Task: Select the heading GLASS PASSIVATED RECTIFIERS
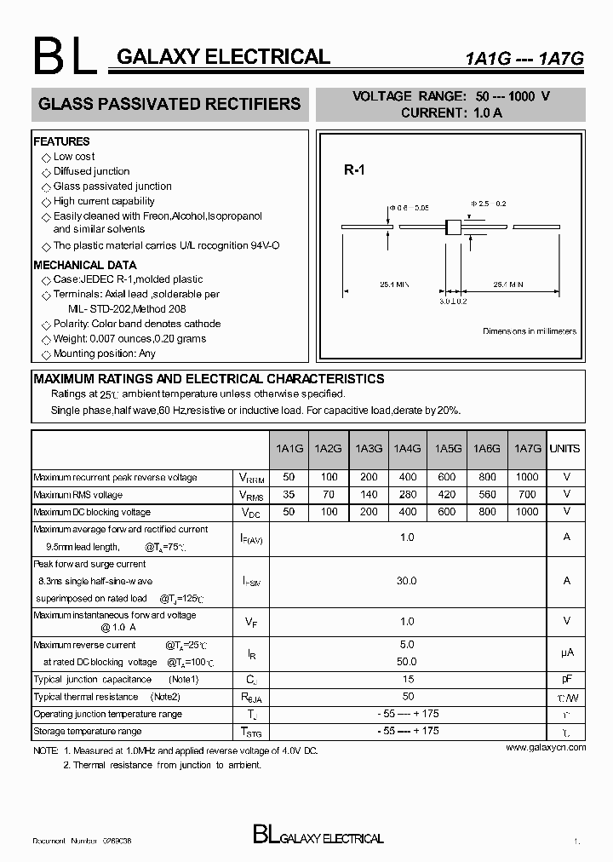169,104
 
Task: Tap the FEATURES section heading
61,141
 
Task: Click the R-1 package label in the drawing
354,170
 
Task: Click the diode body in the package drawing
453,227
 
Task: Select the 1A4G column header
408,449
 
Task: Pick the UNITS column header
564,449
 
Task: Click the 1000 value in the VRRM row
527,478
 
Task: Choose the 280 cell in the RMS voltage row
408,495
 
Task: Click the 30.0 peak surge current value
407,581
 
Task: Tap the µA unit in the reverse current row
566,652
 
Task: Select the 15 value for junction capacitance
408,679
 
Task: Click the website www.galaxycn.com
546,747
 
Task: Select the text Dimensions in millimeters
530,331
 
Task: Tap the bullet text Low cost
74,157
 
